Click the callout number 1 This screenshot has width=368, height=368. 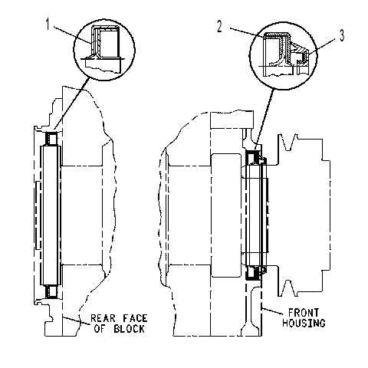point(48,25)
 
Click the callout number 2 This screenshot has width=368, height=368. point(219,27)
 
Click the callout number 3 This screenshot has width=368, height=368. point(342,35)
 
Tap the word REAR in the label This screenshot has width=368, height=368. point(103,318)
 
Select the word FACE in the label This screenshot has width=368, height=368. point(135,318)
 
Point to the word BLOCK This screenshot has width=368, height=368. point(129,329)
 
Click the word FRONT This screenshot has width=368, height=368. point(304,313)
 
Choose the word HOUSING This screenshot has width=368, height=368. point(304,323)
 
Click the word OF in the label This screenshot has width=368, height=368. point(100,329)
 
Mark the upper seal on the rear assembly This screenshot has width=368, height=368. point(51,138)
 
